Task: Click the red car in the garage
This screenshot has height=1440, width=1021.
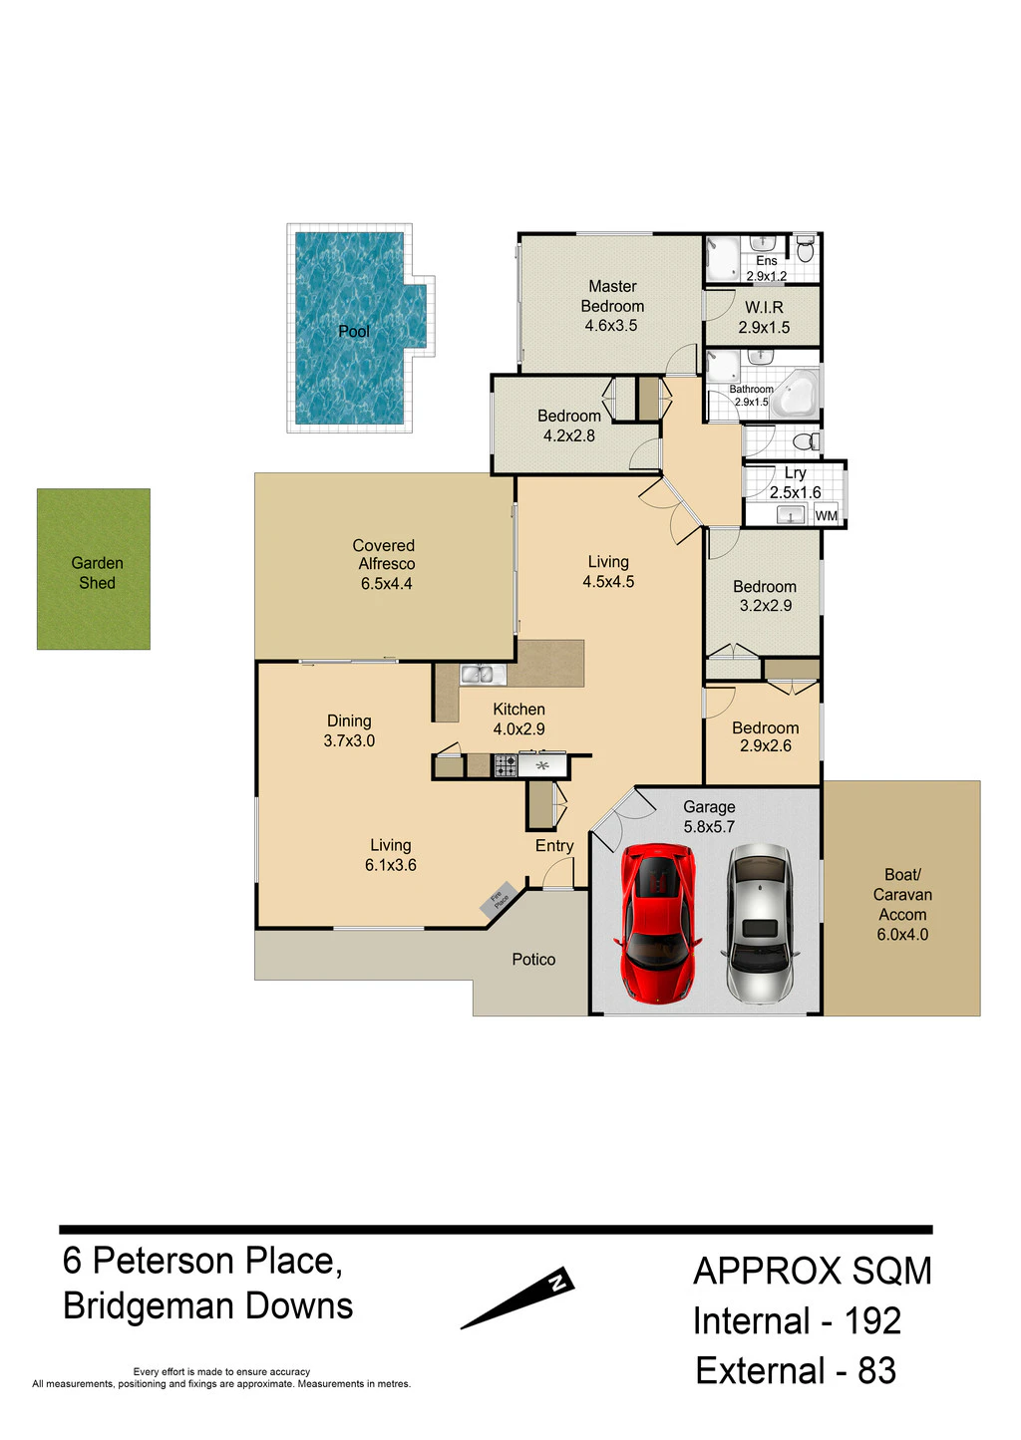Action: pyautogui.click(x=657, y=923)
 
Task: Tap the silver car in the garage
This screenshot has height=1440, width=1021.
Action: pyautogui.click(x=760, y=923)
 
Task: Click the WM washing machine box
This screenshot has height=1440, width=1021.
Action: pyautogui.click(x=826, y=515)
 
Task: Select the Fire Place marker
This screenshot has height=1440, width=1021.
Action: pyautogui.click(x=499, y=899)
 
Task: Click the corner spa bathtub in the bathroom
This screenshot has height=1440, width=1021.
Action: pyautogui.click(x=796, y=394)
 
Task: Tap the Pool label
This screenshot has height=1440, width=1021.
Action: pyautogui.click(x=354, y=331)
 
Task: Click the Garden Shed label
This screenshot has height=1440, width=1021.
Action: pyautogui.click(x=97, y=573)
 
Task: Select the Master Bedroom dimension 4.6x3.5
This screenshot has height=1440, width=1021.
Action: pyautogui.click(x=611, y=325)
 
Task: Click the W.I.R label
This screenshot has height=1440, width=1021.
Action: pyautogui.click(x=765, y=307)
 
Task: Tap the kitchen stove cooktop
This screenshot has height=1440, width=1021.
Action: pyautogui.click(x=506, y=765)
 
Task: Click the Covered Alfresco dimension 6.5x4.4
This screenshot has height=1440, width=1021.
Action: pyautogui.click(x=387, y=584)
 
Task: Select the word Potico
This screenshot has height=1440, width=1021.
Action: pyautogui.click(x=533, y=959)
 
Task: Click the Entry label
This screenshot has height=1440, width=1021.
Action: pyautogui.click(x=554, y=846)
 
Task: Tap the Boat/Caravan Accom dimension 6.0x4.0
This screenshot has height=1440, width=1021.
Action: pyautogui.click(x=902, y=934)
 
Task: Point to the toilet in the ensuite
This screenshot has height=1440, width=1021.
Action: pyautogui.click(x=806, y=249)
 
